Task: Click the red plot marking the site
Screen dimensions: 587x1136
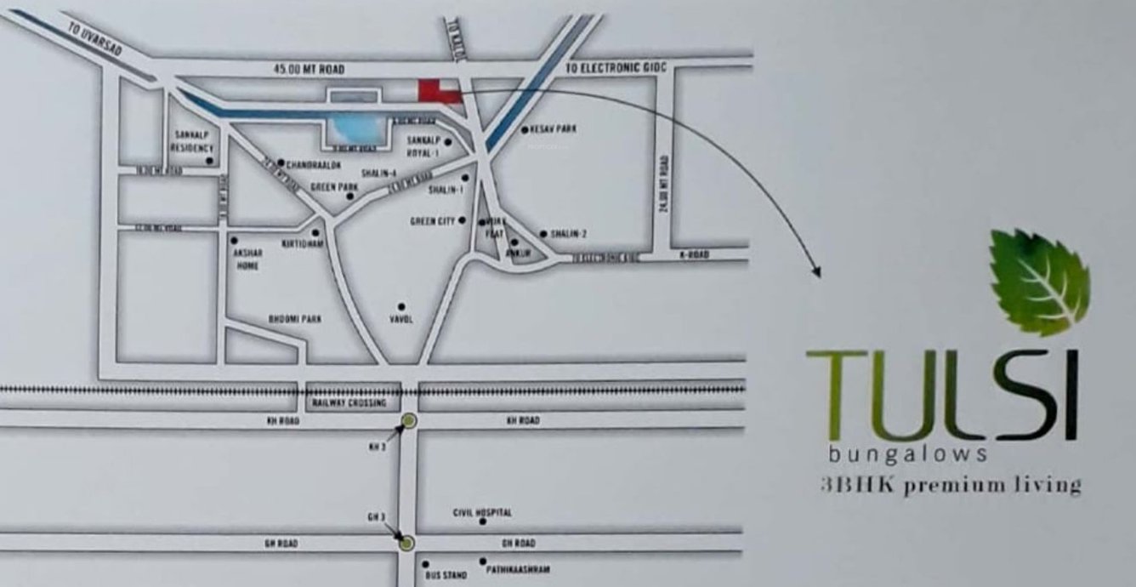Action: (x=438, y=91)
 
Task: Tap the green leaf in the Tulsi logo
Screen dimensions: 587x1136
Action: (x=1040, y=282)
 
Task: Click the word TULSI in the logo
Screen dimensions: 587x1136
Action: (x=942, y=395)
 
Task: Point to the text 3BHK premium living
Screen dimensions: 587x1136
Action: (x=951, y=486)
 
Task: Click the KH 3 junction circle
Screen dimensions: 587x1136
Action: (x=409, y=420)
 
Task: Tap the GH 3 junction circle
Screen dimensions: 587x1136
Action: (x=407, y=543)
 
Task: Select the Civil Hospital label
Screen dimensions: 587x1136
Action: (x=483, y=513)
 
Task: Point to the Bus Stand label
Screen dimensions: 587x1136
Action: (x=446, y=576)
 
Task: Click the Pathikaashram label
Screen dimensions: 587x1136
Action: (x=520, y=569)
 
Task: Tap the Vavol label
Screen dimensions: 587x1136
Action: (x=400, y=320)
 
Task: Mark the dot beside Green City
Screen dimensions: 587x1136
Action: (x=463, y=220)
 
